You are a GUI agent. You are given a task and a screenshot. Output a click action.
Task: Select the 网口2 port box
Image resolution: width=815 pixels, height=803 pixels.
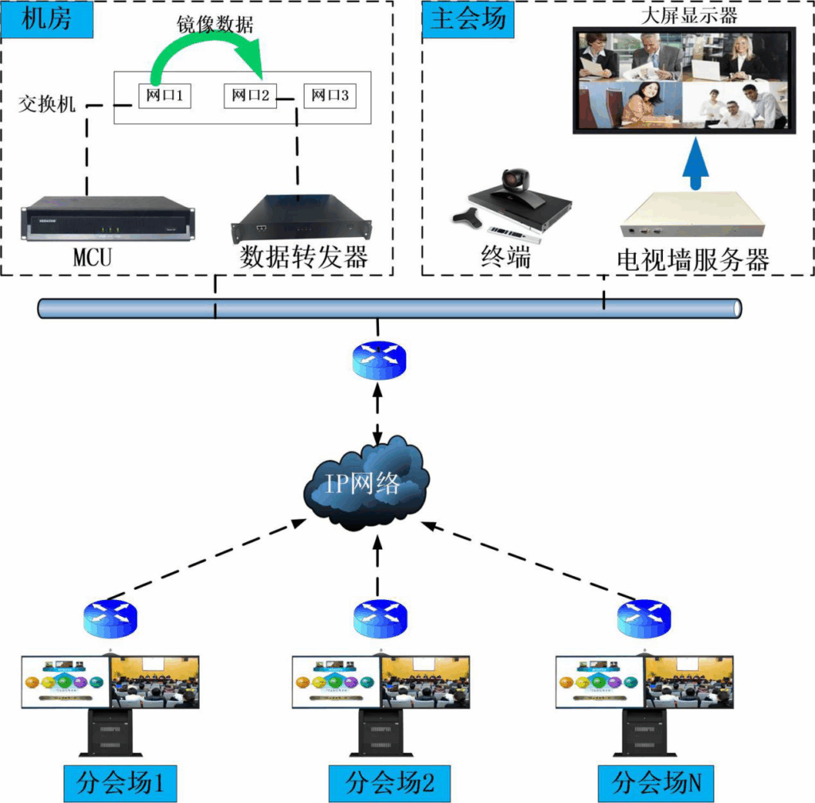251,96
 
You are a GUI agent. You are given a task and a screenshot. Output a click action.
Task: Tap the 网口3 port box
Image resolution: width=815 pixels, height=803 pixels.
330,96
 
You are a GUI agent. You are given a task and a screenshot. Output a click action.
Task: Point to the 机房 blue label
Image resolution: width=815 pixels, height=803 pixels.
47,19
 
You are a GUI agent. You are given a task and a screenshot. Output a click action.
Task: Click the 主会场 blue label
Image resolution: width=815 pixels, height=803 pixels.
468,19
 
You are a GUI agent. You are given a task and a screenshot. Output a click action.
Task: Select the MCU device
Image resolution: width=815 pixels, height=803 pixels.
107,217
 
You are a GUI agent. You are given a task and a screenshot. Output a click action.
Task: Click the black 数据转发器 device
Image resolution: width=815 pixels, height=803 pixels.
301,219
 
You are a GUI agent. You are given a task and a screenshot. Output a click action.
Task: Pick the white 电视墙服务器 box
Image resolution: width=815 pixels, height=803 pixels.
692,217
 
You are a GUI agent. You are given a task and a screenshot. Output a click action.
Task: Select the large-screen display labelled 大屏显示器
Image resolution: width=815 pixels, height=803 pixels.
684,80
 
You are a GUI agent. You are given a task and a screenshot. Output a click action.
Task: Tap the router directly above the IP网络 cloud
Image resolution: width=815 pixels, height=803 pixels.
379,361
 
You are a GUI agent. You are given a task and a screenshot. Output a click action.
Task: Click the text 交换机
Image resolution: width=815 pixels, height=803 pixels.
47,103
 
